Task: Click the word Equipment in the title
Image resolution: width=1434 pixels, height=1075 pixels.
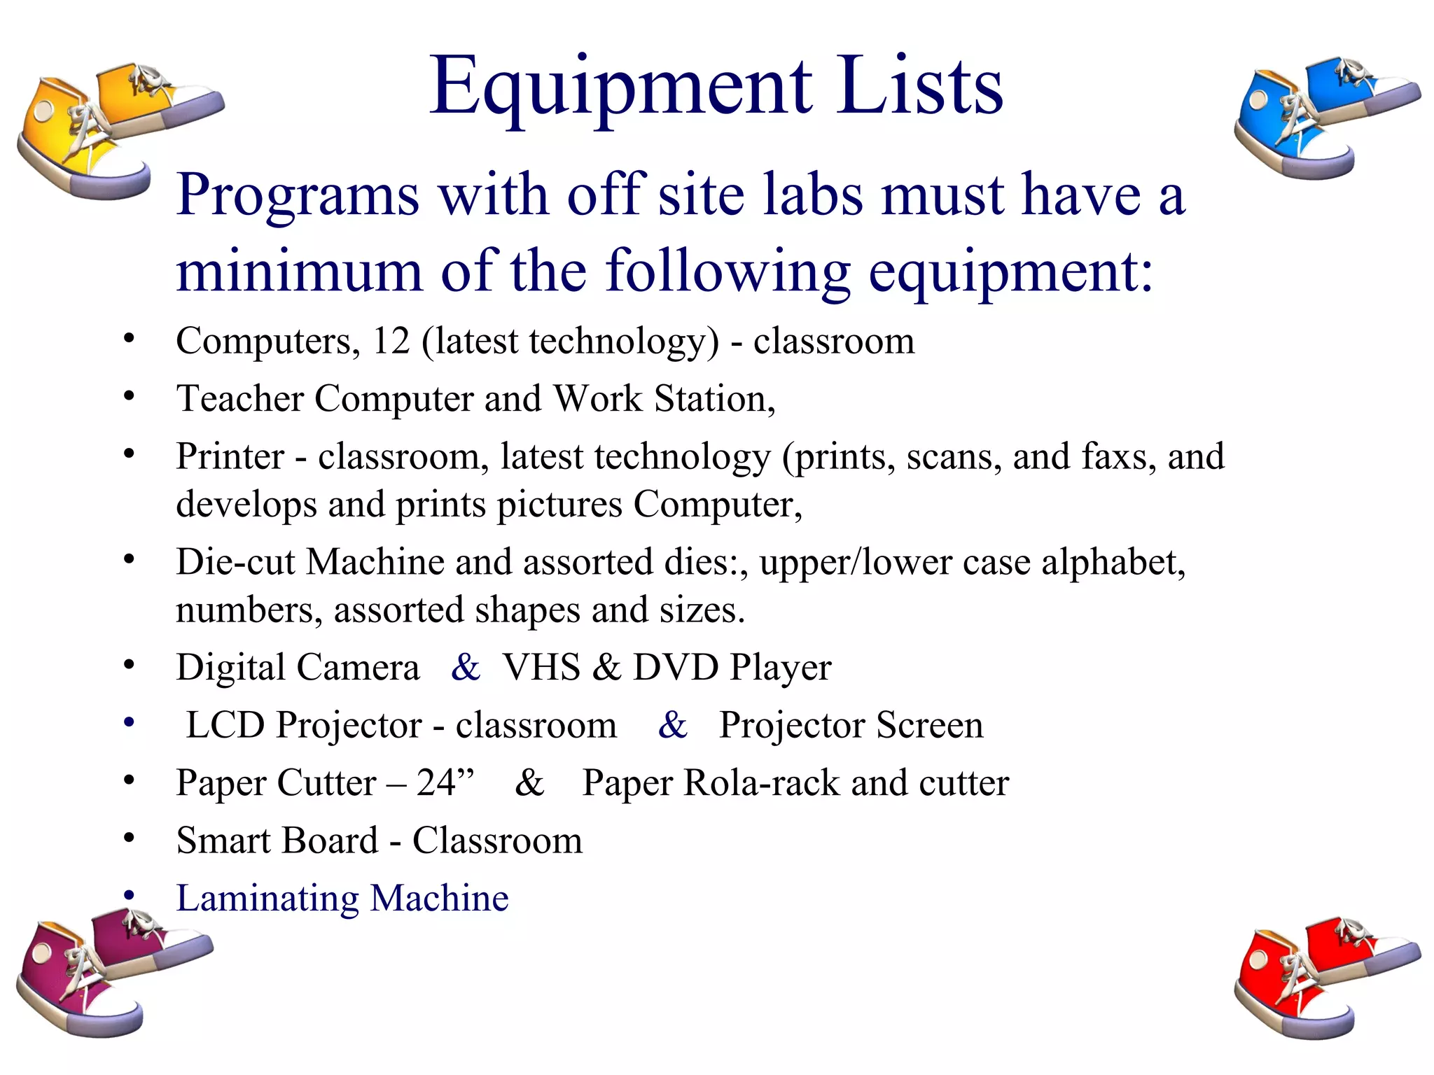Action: [620, 87]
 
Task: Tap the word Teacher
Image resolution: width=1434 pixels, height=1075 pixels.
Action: [239, 399]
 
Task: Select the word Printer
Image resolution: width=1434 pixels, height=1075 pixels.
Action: [230, 456]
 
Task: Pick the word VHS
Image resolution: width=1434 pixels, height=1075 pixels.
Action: [541, 667]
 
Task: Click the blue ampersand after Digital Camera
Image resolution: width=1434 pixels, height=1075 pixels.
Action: [466, 667]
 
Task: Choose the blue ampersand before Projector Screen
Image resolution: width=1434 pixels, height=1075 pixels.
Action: [673, 725]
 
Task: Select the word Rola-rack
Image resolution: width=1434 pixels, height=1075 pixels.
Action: [761, 782]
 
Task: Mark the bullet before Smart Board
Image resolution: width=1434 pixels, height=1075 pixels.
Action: [129, 838]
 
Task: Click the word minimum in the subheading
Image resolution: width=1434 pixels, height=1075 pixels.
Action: [300, 272]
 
